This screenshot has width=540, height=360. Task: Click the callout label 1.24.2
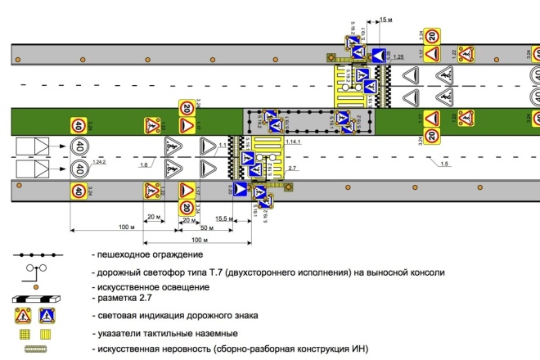101,164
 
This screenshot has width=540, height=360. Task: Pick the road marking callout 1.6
144,164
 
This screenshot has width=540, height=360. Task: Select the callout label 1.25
398,57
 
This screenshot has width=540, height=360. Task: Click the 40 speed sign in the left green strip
79,126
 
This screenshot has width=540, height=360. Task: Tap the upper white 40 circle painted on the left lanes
79,148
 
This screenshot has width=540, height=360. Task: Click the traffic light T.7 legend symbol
36,271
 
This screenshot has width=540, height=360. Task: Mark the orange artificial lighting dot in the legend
36,286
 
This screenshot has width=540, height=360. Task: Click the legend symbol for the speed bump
36,349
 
